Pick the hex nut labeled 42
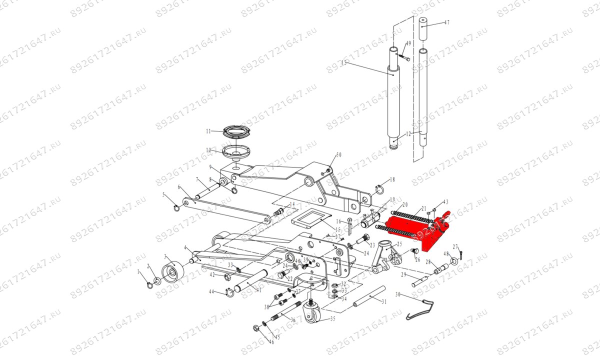226,276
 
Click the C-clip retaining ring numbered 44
228,290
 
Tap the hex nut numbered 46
256,328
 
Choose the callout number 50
338,155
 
